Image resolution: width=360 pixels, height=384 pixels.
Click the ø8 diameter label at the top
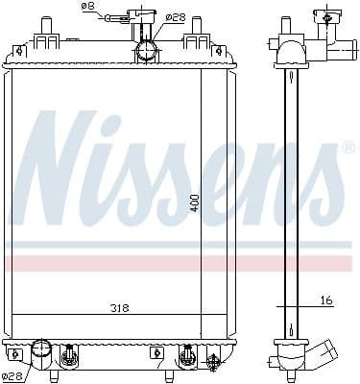tap(87, 8)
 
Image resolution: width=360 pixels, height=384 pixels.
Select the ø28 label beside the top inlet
tap(175, 16)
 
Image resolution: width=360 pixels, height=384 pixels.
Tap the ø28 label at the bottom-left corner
tap(12, 375)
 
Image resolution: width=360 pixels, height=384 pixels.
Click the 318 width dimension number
tap(118, 307)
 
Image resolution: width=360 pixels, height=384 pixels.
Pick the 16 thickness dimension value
tap(326, 300)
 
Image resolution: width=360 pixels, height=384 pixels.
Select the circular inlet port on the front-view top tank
tap(145, 51)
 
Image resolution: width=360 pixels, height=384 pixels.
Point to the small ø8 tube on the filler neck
tap(119, 15)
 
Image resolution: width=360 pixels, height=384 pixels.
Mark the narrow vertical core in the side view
tap(287, 202)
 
